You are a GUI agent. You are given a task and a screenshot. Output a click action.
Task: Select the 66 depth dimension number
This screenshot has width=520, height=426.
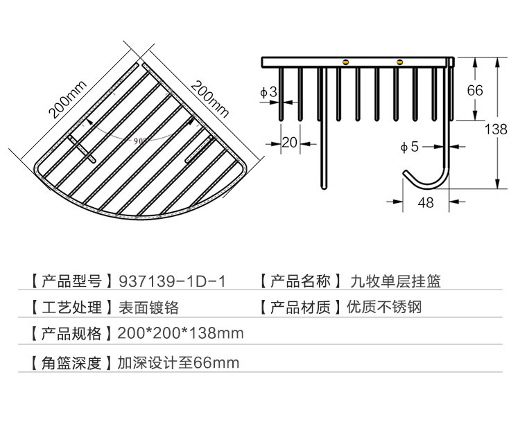click(475, 90)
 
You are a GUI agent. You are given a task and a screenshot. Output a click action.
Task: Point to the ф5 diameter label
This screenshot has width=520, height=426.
click(410, 146)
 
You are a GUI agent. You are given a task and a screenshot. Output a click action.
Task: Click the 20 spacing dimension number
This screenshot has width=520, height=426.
click(289, 142)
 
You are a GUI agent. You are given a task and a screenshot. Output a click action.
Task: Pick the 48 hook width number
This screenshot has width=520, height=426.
click(426, 202)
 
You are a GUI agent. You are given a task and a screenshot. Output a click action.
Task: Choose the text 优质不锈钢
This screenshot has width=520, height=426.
click(384, 307)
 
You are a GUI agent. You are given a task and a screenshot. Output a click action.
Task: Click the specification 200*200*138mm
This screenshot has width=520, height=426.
click(180, 333)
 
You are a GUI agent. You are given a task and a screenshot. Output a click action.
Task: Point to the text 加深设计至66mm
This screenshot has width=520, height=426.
click(178, 362)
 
